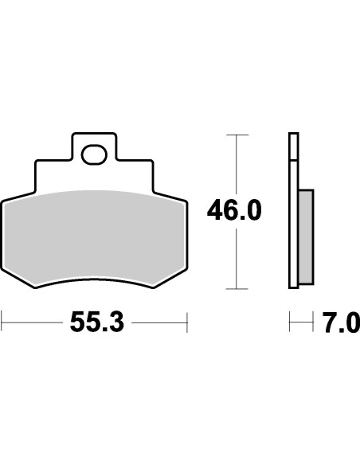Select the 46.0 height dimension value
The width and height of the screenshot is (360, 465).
(x=233, y=211)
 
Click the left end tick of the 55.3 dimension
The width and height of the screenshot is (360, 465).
(x=2, y=322)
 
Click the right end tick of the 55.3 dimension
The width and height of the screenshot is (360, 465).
(x=186, y=322)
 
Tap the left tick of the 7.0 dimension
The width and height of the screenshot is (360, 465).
(x=289, y=322)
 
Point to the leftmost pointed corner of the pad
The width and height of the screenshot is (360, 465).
(x=2, y=201)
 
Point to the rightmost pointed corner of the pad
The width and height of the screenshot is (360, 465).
(x=186, y=201)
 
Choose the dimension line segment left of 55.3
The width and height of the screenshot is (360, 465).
(x=32, y=322)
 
